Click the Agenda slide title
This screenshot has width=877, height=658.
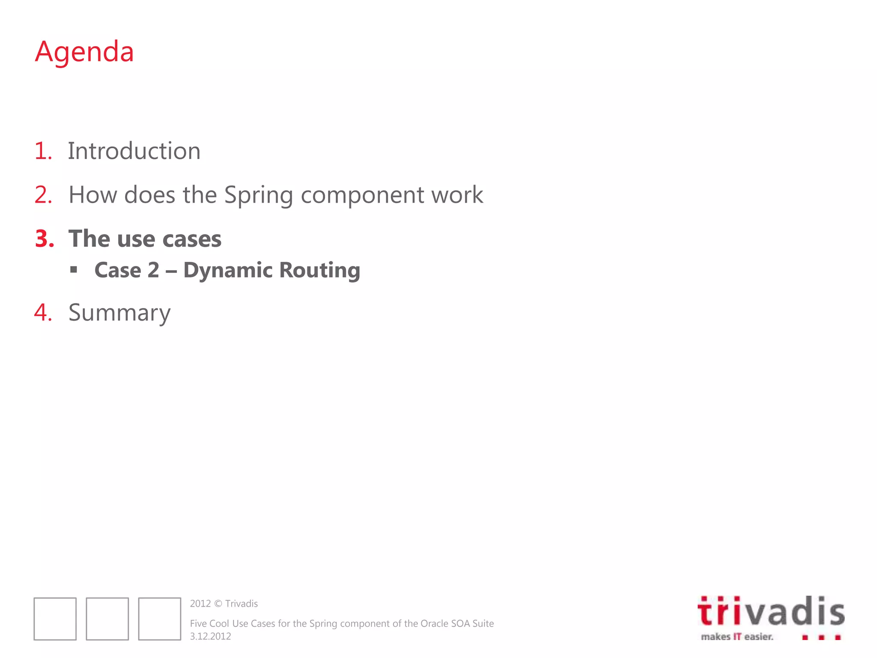[84, 52]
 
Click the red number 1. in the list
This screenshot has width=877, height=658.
[43, 151]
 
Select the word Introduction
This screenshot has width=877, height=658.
[134, 151]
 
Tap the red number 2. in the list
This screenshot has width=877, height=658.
[43, 195]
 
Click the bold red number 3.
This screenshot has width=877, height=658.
[45, 239]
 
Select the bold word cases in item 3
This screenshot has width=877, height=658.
[192, 239]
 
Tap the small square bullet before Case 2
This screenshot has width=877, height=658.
[74, 269]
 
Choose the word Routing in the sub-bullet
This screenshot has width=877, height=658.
[320, 271]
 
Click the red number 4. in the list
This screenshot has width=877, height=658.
[43, 312]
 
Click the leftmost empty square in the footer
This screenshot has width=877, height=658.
[55, 619]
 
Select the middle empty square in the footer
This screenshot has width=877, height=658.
[107, 619]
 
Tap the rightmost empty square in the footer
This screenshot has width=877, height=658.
[160, 619]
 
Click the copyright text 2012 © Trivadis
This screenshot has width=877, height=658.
[224, 604]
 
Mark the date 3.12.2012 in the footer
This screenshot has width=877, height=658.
[210, 636]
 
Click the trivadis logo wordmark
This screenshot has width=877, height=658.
[771, 612]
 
